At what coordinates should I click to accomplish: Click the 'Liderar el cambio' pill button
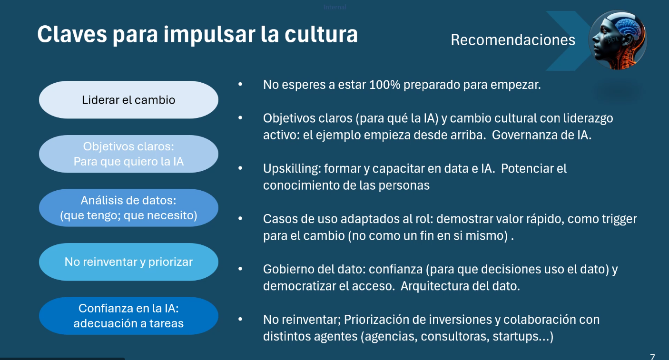pyautogui.click(x=128, y=100)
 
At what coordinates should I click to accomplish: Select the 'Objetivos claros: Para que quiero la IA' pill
pyautogui.click(x=128, y=154)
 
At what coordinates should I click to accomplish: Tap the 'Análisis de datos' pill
pyautogui.click(x=128, y=208)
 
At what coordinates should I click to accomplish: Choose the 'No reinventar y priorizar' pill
pyautogui.click(x=128, y=262)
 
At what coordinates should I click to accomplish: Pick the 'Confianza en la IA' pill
pyautogui.click(x=128, y=316)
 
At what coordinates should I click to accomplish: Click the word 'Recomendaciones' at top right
pyautogui.click(x=513, y=40)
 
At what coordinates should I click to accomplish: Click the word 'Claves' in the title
pyautogui.click(x=72, y=34)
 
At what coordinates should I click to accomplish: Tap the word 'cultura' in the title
pyautogui.click(x=321, y=34)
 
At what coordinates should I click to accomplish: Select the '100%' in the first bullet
pyautogui.click(x=384, y=85)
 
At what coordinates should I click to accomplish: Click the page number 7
pyautogui.click(x=652, y=357)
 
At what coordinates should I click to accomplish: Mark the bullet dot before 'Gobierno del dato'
pyautogui.click(x=240, y=269)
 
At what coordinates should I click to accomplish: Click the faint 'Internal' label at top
pyautogui.click(x=335, y=7)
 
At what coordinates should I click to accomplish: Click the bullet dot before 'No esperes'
pyautogui.click(x=240, y=85)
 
